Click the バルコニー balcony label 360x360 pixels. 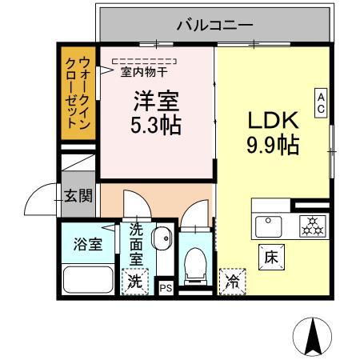pos(214,26)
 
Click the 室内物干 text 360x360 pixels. pos(144,72)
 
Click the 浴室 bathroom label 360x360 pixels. pos(88,244)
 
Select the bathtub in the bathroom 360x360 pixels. pos(88,279)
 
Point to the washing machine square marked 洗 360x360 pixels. pos(135,282)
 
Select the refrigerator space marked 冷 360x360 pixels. pos(231,280)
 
